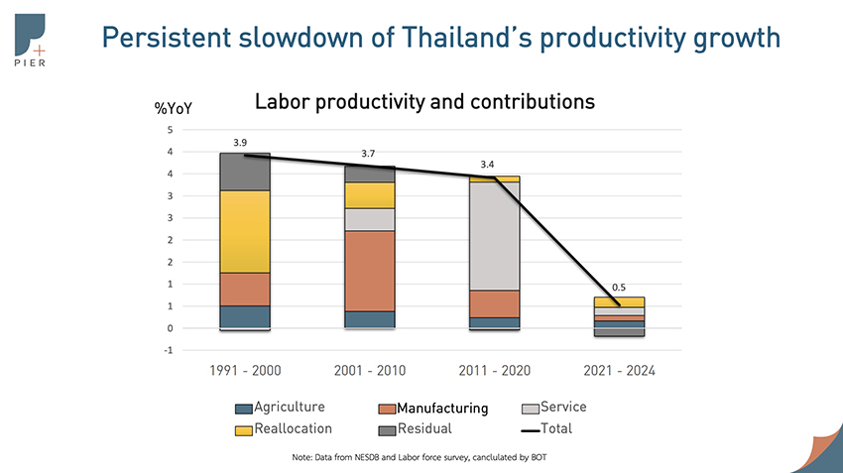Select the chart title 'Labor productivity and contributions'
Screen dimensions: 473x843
pos(424,101)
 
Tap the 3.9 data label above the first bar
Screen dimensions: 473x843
pos(240,143)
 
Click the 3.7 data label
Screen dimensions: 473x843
pos(368,154)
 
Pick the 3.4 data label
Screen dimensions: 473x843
pos(487,164)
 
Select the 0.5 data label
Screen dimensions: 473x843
pos(618,287)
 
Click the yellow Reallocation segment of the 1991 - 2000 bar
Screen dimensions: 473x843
pos(245,231)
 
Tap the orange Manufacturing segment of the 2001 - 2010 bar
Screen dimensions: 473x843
pos(370,271)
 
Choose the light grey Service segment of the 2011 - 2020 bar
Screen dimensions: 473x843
pos(494,236)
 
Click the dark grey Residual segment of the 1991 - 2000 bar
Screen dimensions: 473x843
pos(245,172)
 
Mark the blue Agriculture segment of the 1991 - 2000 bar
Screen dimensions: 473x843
pos(245,316)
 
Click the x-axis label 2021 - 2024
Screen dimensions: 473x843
pos(618,371)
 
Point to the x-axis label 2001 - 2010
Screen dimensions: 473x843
pos(369,371)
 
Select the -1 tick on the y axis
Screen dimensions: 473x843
pos(170,350)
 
